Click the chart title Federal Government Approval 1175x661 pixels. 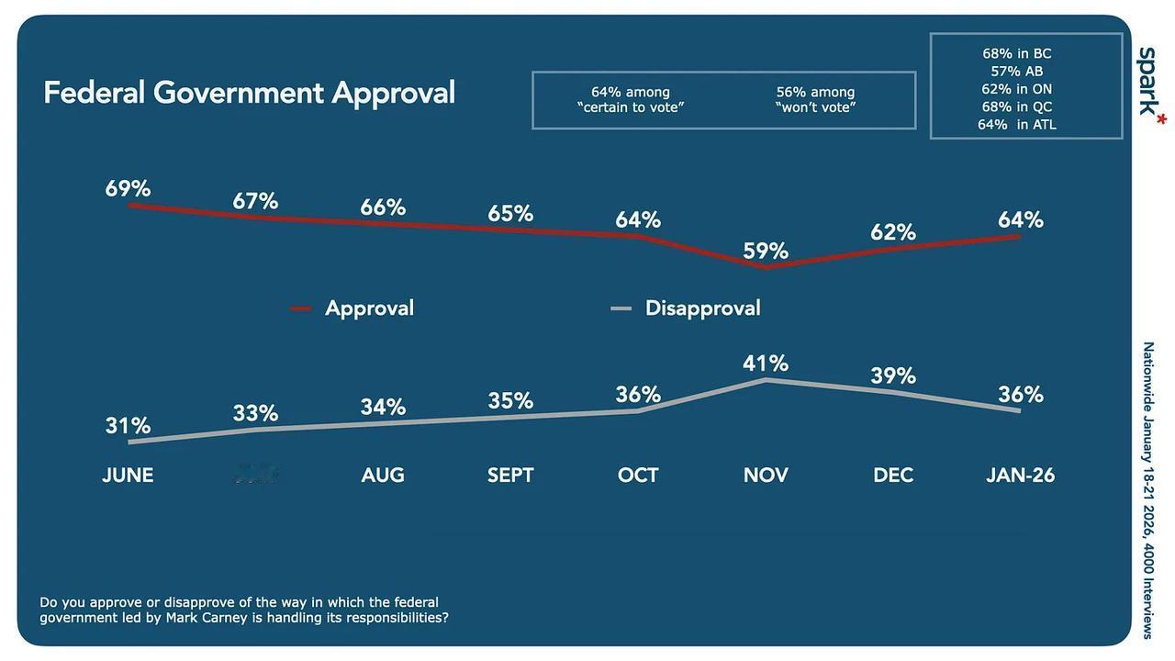(249, 93)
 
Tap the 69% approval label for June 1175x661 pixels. (128, 189)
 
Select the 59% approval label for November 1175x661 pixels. (766, 251)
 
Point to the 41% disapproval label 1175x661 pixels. (766, 364)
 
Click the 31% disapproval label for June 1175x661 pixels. (128, 425)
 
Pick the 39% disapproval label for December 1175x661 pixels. (893, 375)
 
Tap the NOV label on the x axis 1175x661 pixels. (766, 475)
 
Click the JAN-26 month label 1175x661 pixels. (1020, 475)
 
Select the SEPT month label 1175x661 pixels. (510, 475)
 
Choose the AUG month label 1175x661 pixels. (383, 475)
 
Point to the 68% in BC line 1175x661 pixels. (1016, 53)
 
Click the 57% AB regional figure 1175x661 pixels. (1016, 71)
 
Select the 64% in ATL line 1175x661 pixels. (1016, 124)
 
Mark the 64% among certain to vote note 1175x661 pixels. (631, 99)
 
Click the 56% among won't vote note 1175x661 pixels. (815, 99)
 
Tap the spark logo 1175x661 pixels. (1149, 82)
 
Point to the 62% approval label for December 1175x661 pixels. (893, 232)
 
